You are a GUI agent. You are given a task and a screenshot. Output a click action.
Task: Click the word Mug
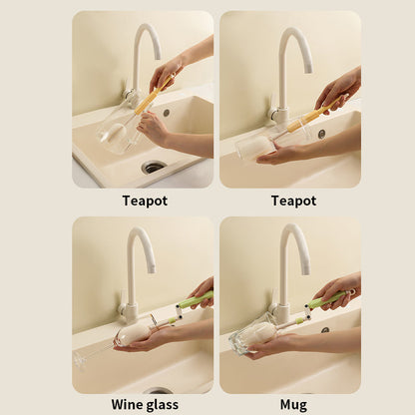coord(293,405)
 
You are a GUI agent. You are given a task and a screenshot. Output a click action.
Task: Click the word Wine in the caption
coord(126,405)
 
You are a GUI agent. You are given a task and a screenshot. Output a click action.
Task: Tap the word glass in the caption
coord(161,405)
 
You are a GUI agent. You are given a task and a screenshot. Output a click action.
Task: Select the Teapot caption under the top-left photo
coord(145,201)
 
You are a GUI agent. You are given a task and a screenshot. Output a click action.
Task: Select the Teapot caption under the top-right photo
coord(293,201)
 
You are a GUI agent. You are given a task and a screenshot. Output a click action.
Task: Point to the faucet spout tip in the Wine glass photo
coord(151,269)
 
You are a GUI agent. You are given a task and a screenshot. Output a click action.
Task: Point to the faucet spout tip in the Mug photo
coord(306,270)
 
